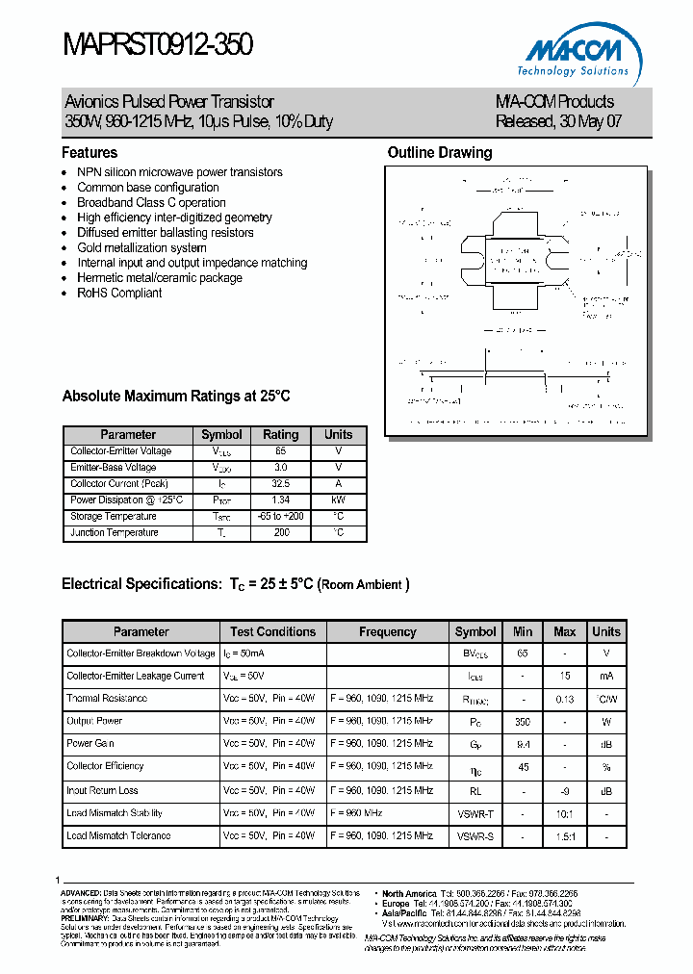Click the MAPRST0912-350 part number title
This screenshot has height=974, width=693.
158,44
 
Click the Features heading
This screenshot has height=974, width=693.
90,153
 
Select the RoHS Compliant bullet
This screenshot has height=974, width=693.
119,293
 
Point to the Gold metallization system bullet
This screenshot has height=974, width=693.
141,247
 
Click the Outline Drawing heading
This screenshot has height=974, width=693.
439,153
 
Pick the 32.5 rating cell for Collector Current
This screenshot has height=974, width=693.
281,484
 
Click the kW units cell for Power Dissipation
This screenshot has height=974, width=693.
338,500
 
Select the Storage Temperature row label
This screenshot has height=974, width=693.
113,517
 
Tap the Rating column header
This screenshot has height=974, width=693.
281,434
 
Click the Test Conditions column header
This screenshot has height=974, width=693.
272,632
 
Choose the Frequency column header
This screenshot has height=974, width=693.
387,632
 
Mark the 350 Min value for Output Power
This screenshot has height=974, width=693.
523,721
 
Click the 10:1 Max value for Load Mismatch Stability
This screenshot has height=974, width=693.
564,814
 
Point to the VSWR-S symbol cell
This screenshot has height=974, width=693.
475,836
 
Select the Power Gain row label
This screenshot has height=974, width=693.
92,744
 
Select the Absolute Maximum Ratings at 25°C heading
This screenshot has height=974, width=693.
175,397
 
